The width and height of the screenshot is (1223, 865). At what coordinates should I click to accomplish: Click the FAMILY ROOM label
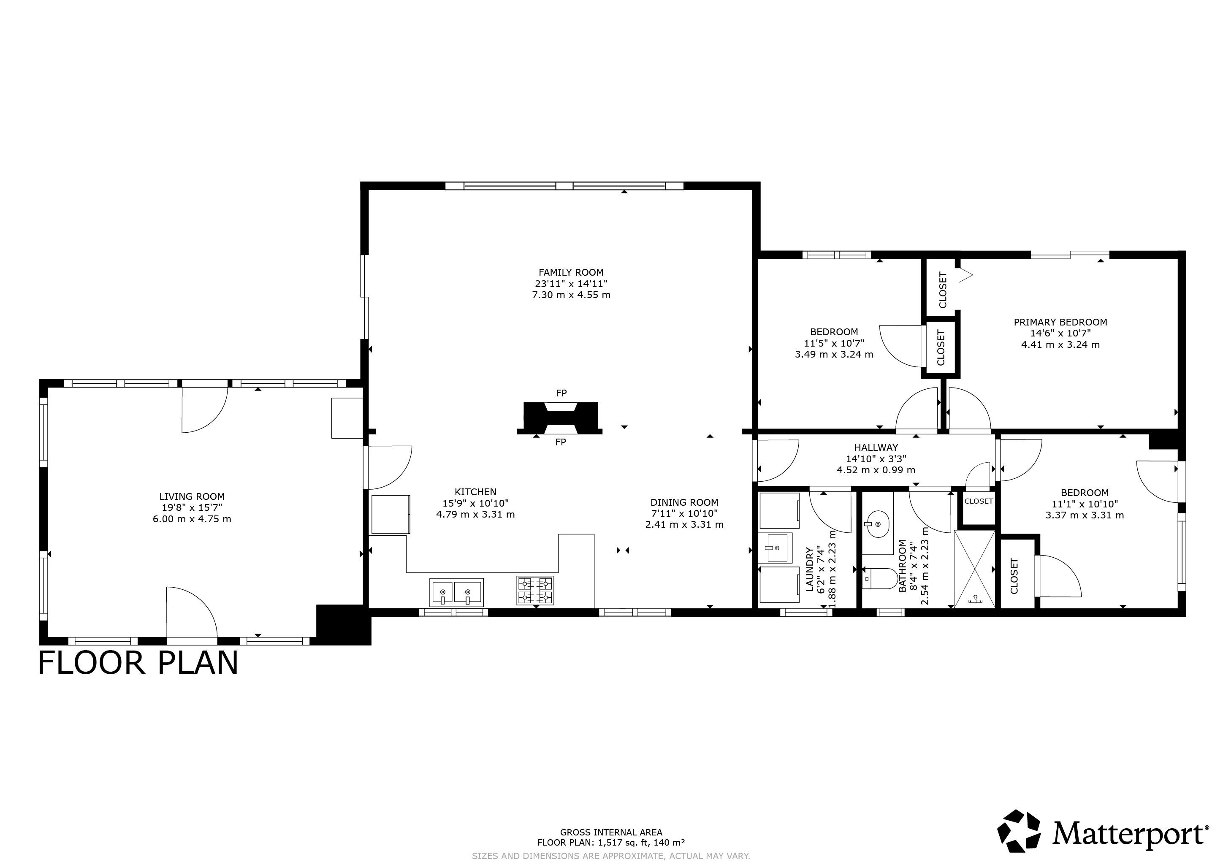tap(571, 272)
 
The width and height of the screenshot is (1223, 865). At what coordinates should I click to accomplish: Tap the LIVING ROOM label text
tap(192, 496)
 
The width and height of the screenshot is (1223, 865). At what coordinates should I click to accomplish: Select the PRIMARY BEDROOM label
tap(1060, 322)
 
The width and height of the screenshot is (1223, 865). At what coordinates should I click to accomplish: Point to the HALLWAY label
tap(876, 447)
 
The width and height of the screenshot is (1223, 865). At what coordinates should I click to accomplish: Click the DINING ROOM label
tap(684, 502)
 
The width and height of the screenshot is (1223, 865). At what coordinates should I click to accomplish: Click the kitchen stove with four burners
tap(535, 590)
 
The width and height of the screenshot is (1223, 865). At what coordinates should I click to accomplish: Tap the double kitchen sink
tap(456, 592)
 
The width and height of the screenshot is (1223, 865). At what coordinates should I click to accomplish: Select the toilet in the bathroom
tap(879, 578)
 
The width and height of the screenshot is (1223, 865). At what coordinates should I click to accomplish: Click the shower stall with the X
tap(974, 568)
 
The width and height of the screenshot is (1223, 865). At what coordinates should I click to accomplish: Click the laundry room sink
tap(775, 548)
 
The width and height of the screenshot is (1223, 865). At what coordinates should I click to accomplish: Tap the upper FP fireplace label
tap(561, 393)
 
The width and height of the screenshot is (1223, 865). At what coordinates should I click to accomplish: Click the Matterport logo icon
tap(1019, 834)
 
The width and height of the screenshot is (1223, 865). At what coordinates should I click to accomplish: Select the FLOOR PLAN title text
tap(138, 663)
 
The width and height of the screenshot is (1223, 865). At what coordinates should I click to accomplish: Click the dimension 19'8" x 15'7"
tap(192, 507)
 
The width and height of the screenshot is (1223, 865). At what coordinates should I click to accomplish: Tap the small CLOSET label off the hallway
tap(979, 501)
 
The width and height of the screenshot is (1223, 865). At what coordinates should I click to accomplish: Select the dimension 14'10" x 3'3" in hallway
tap(876, 458)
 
